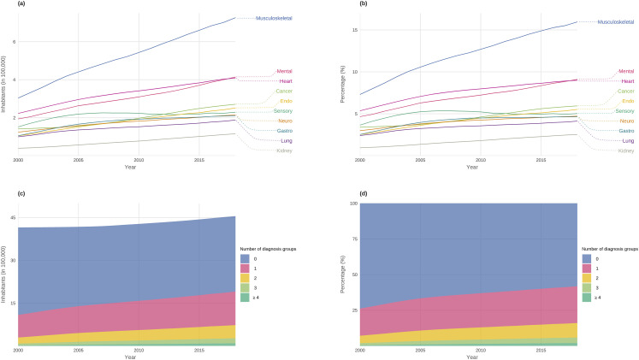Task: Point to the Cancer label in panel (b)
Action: pos(625,91)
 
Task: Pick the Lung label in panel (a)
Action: pos(286,141)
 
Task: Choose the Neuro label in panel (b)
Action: pos(626,121)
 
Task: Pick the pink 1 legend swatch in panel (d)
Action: pos(589,267)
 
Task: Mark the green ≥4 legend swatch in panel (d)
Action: pos(589,297)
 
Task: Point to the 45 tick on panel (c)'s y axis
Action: pos(12,218)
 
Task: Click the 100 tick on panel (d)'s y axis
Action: pos(352,204)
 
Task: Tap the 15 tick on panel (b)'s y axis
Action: pos(353,30)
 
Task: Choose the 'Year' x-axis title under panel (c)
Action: pos(126,356)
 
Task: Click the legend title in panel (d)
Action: pos(609,247)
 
